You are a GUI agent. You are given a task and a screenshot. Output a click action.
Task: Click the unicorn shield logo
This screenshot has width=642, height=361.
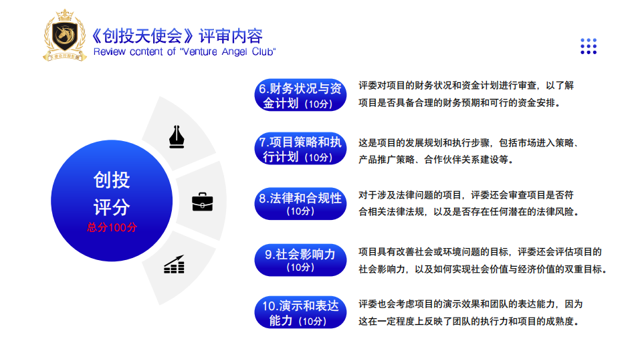point(65,35)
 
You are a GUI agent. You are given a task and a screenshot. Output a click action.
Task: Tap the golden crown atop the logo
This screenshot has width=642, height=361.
point(65,15)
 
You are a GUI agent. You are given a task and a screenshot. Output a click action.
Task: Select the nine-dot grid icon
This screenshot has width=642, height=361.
point(588,46)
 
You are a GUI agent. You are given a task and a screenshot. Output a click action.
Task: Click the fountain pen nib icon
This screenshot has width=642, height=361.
point(177,136)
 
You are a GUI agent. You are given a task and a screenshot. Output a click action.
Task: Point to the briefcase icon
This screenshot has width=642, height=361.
point(202,202)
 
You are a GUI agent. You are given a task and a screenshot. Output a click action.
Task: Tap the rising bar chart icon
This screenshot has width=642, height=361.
point(174,265)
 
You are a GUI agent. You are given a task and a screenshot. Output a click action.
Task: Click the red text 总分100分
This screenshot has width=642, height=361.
point(112,227)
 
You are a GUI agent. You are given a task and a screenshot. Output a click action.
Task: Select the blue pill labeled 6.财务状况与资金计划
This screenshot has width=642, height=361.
point(300,95)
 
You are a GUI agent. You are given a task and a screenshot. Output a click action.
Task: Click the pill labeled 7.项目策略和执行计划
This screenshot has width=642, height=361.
point(300,148)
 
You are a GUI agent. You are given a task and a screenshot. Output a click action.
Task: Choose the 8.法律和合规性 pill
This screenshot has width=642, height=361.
point(300,203)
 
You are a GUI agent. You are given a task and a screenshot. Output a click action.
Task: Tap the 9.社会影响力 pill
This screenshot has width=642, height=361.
point(300,260)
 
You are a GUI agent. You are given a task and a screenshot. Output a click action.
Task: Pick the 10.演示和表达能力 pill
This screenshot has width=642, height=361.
point(300,312)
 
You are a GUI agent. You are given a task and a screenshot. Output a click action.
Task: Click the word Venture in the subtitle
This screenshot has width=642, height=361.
point(200,52)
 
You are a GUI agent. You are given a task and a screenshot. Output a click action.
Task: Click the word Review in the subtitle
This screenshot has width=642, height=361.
point(109,52)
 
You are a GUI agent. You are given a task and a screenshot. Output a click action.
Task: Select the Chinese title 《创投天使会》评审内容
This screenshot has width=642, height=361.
point(176,36)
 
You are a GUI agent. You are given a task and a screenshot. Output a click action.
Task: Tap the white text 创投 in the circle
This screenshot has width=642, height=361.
point(112,180)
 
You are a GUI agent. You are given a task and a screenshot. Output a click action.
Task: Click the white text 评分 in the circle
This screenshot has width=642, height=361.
point(112,207)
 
